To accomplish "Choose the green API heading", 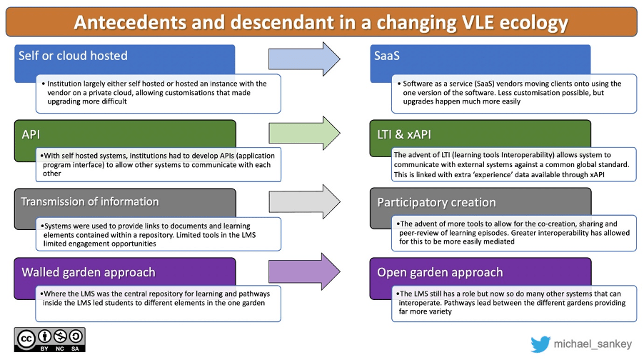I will (32, 132).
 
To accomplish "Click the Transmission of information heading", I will (90, 201).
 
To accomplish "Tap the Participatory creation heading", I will (436, 202).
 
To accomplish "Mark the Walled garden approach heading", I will (89, 272).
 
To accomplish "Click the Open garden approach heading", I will (440, 272).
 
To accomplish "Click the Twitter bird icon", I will (540, 344).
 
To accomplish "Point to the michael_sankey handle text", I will (593, 344).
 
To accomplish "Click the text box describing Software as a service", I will (514, 93).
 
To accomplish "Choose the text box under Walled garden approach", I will (159, 302).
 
